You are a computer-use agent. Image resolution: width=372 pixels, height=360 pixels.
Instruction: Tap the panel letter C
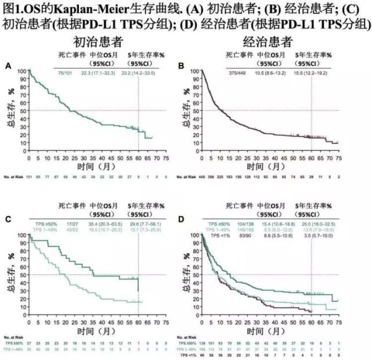click(8, 219)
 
